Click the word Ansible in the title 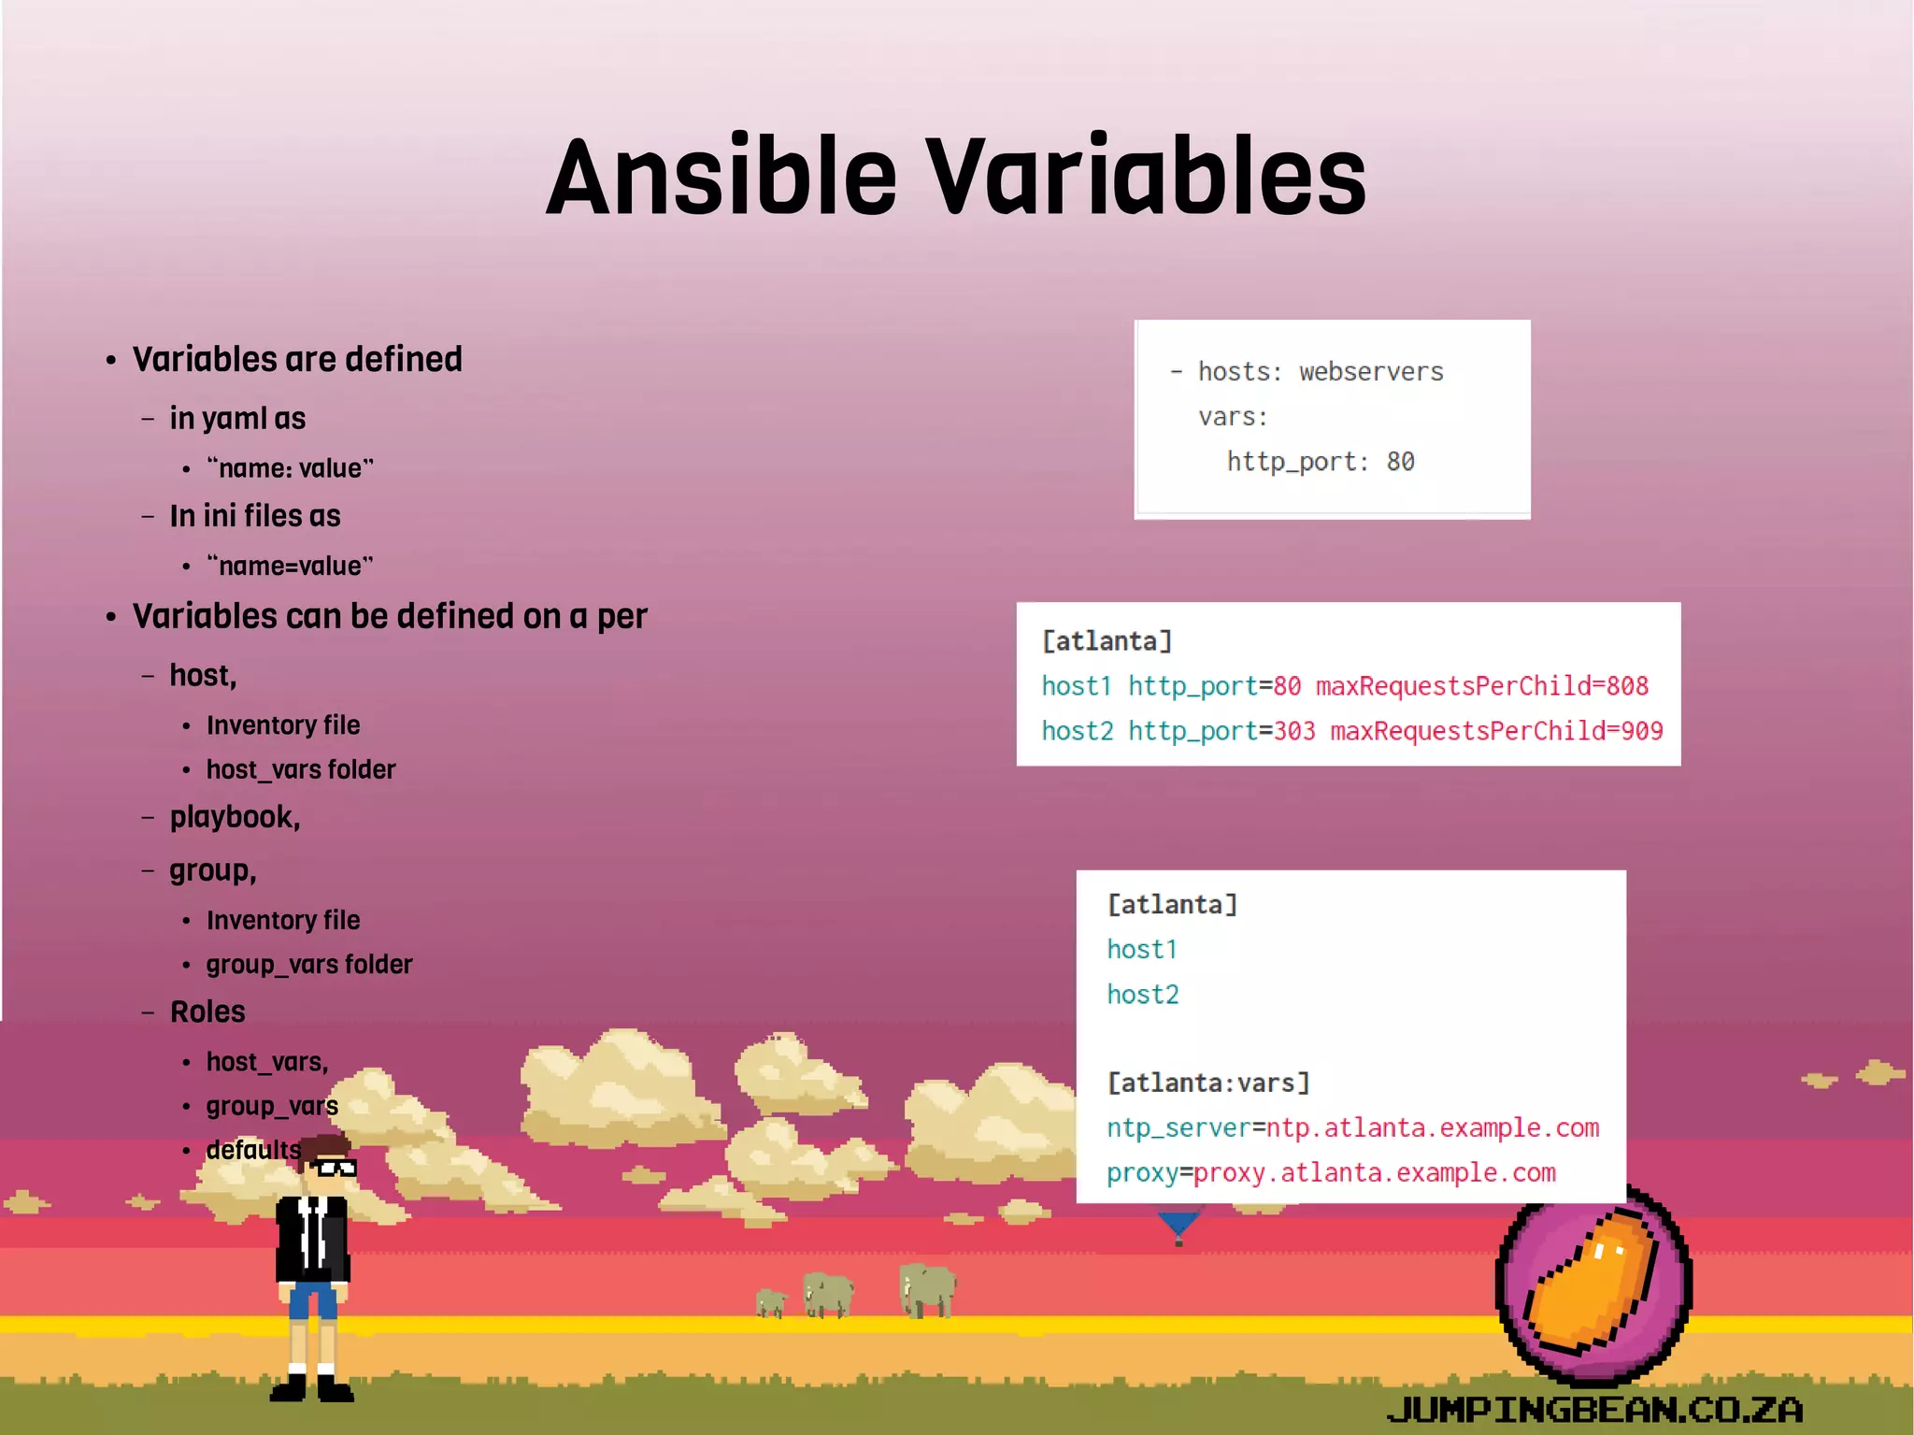[x=721, y=178]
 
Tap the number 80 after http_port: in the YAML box [x=1399, y=462]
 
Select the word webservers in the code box [x=1371, y=372]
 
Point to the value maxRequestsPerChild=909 [x=1496, y=731]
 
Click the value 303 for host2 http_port [x=1294, y=731]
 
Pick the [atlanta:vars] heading [x=1208, y=1083]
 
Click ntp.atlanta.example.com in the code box [x=1433, y=1128]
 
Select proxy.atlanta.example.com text [x=1375, y=1173]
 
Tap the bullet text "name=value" [x=290, y=566]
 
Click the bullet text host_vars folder [x=301, y=769]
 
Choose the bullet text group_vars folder [x=309, y=964]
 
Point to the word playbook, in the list [x=235, y=817]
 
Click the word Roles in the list [x=207, y=1012]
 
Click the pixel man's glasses [x=335, y=1167]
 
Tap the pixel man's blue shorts [x=312, y=1300]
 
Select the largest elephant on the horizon [x=927, y=1289]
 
